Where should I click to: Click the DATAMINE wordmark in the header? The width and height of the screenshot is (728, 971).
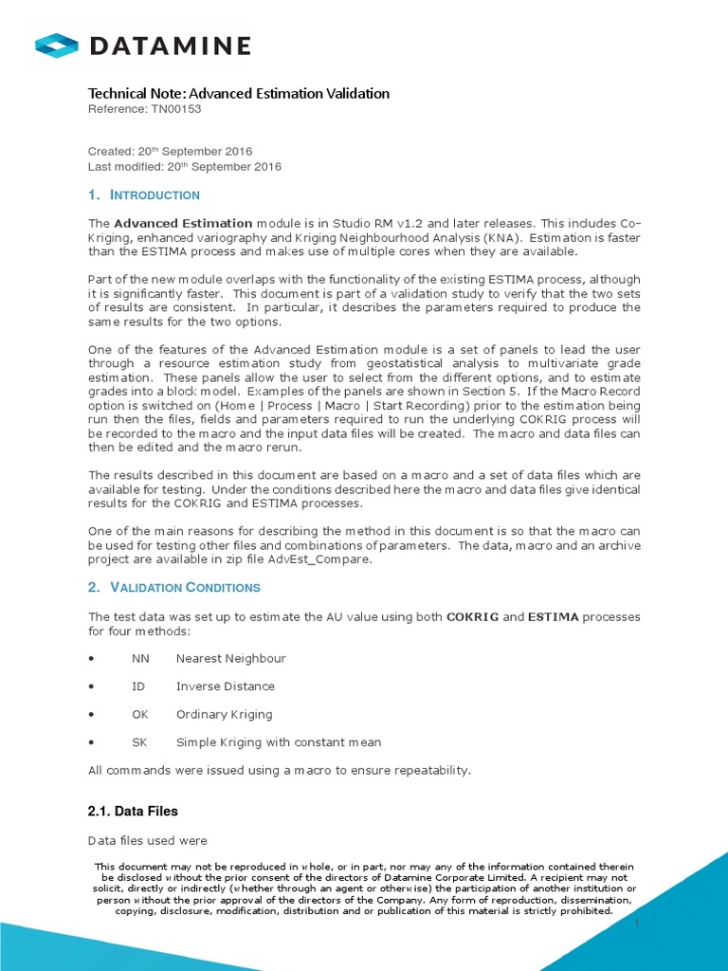click(170, 46)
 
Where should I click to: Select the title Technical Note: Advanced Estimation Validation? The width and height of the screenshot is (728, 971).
click(238, 93)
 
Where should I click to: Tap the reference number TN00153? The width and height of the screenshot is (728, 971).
click(176, 109)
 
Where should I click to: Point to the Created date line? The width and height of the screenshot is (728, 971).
click(170, 152)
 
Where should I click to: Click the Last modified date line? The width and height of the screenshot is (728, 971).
click(184, 167)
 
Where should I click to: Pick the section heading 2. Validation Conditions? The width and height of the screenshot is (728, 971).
click(175, 588)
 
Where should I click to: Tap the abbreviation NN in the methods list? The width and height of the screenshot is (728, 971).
click(140, 658)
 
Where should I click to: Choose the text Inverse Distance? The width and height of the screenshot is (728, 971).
click(225, 686)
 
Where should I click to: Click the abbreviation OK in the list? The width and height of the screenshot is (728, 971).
click(140, 714)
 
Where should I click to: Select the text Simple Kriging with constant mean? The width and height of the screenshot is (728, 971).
click(279, 742)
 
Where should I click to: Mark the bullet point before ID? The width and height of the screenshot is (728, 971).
click(90, 687)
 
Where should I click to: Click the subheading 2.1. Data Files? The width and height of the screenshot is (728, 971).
click(133, 812)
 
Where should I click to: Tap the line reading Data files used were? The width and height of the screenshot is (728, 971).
click(147, 841)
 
